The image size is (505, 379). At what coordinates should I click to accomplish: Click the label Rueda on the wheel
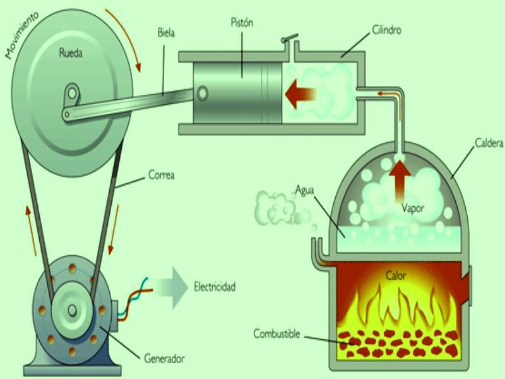[x=71, y=54]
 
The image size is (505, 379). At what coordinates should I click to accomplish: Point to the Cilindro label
[x=387, y=29]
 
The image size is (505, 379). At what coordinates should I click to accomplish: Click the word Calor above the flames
[x=396, y=275]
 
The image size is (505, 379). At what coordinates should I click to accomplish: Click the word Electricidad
[x=215, y=287]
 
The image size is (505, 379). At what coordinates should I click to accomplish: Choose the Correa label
[x=161, y=174]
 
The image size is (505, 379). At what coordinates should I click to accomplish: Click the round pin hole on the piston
[x=202, y=93]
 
